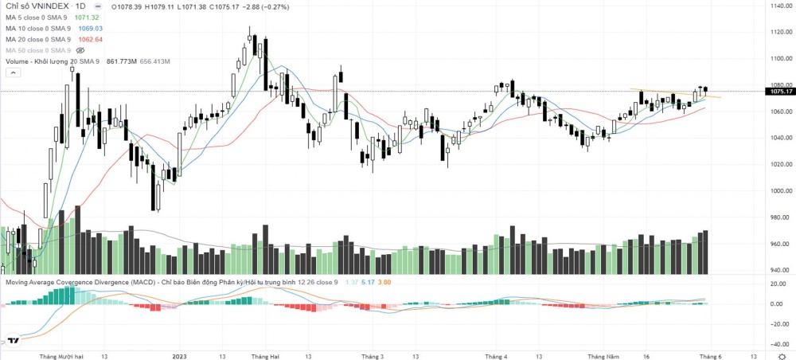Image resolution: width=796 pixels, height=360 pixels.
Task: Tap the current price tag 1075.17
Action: [780, 92]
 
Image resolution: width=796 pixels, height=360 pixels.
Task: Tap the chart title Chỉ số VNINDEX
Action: [37, 6]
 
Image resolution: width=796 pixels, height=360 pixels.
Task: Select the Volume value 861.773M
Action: [123, 61]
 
